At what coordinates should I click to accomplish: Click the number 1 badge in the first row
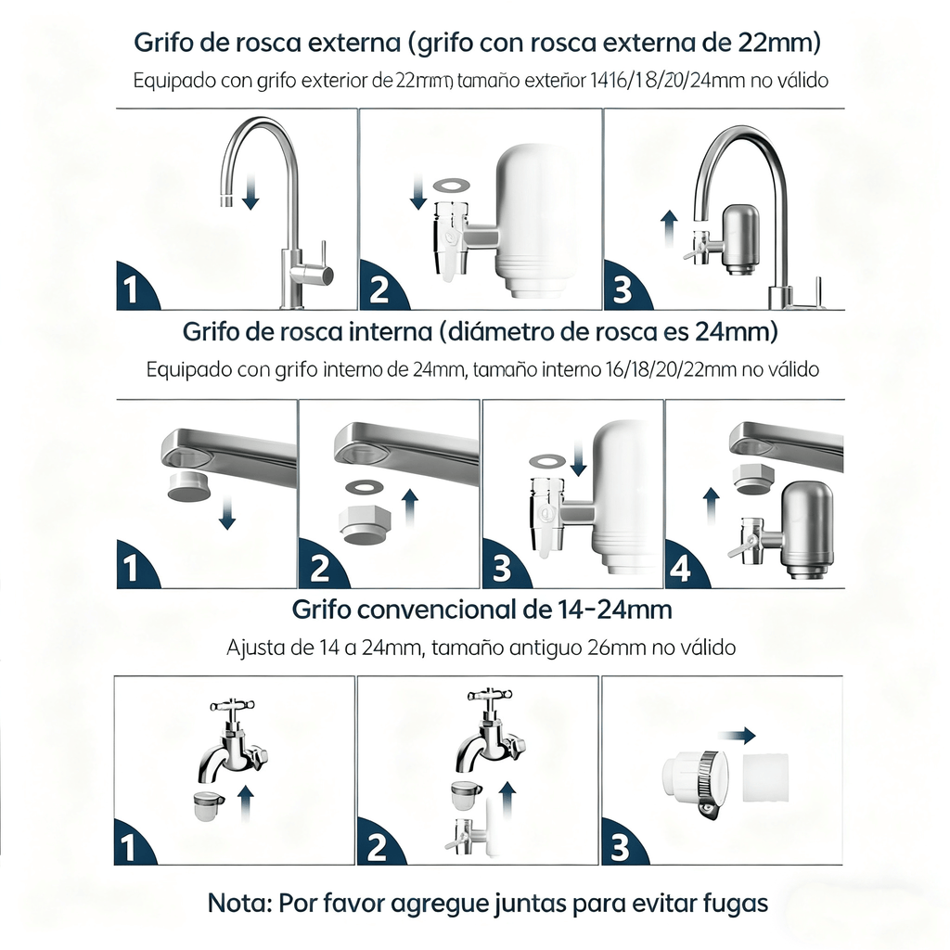(131, 290)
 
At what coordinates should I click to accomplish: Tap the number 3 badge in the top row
(623, 290)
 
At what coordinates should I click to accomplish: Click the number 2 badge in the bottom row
(377, 847)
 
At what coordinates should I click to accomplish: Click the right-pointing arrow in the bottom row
(739, 736)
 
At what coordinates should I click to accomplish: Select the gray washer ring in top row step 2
(451, 186)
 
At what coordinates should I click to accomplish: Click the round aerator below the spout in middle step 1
(189, 487)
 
